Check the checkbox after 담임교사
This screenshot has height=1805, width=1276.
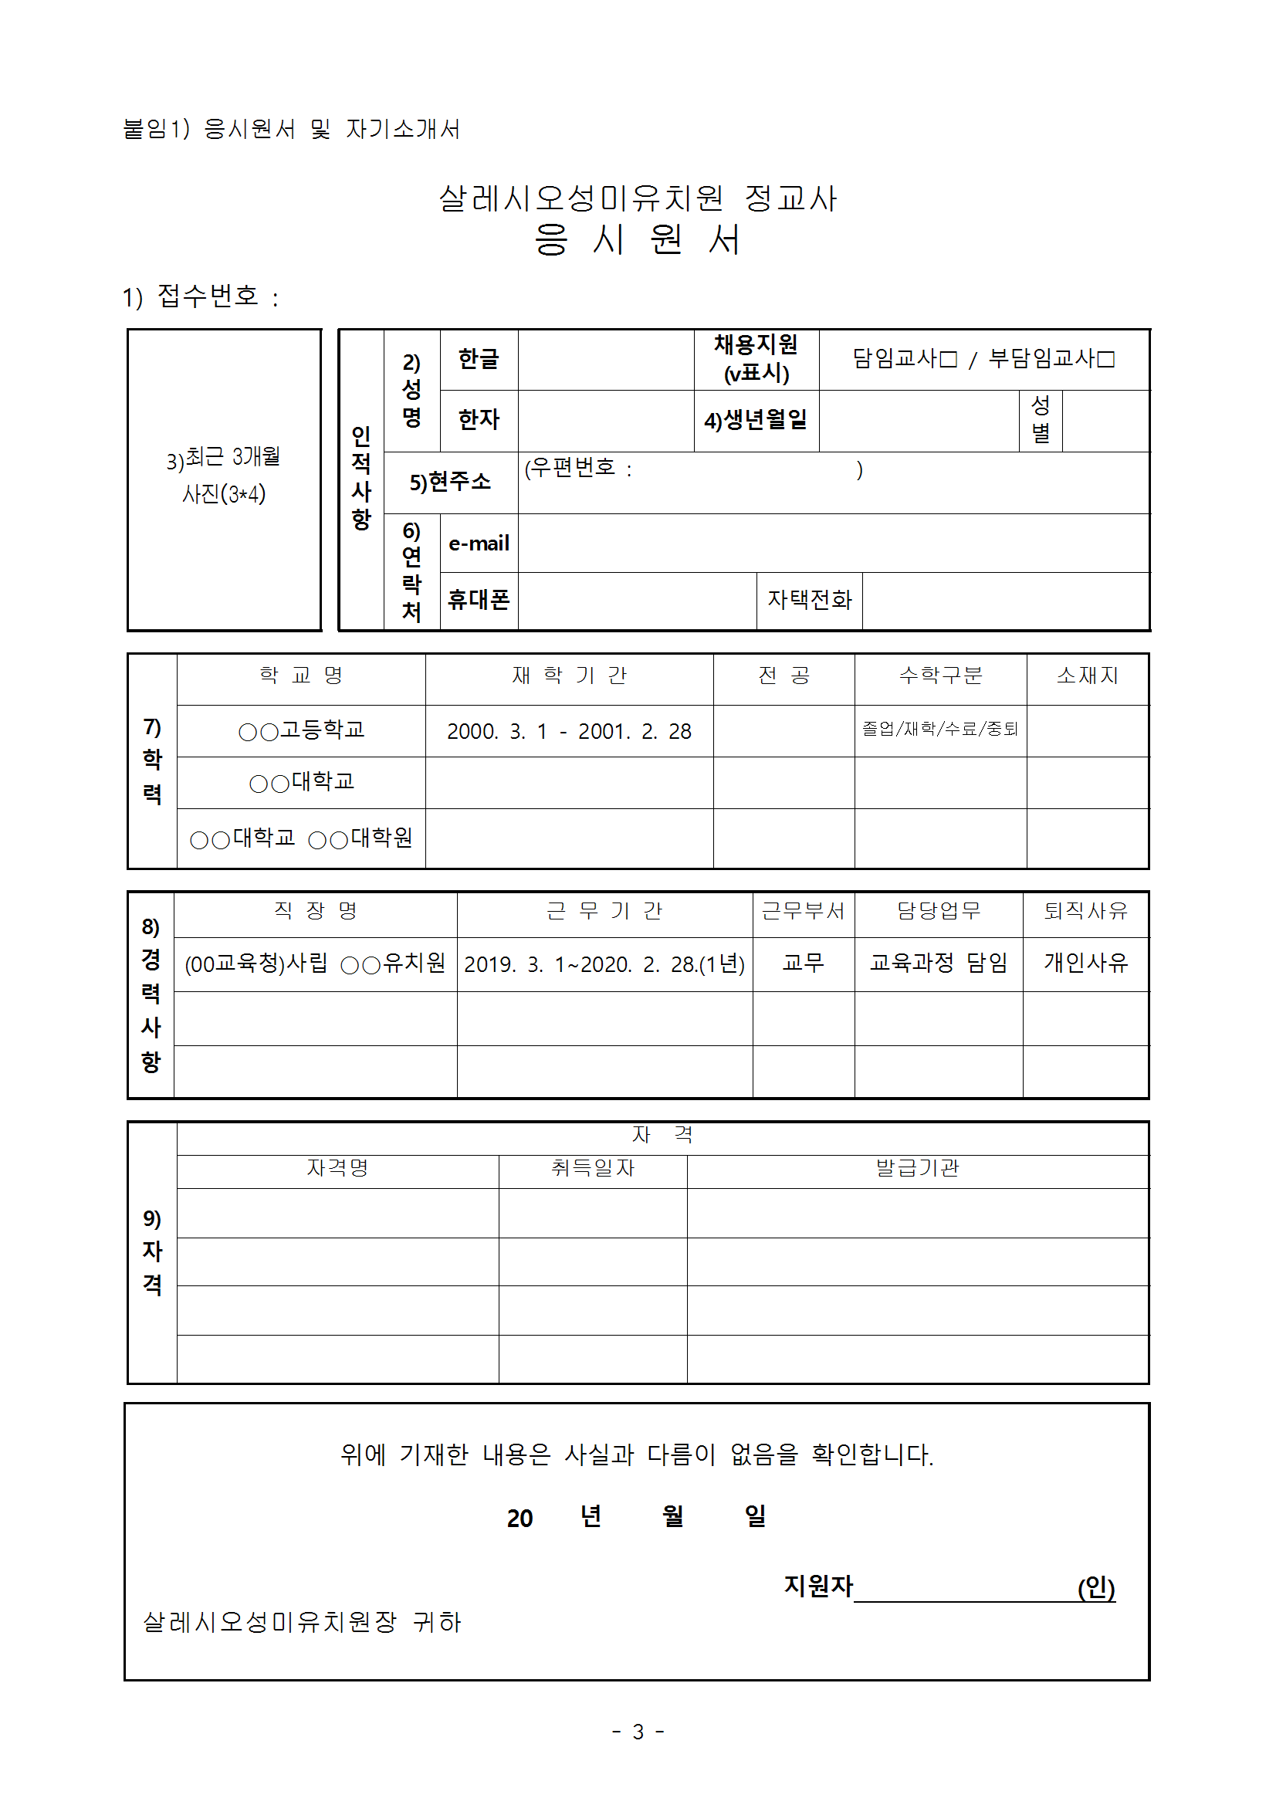click(x=949, y=359)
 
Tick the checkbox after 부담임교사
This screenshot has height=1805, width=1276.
click(x=1106, y=359)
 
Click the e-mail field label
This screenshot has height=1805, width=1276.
click(x=478, y=544)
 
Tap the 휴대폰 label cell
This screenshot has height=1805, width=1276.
click(x=478, y=600)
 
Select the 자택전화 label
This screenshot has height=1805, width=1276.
click(x=809, y=600)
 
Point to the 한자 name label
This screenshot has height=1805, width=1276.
click(x=478, y=420)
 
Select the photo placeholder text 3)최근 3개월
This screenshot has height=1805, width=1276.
click(x=223, y=458)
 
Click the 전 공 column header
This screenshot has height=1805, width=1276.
click(x=783, y=676)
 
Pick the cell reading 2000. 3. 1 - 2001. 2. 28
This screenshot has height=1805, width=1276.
click(x=568, y=732)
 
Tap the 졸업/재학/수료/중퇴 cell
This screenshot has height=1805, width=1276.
click(x=939, y=729)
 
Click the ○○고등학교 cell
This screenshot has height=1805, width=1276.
click(x=301, y=730)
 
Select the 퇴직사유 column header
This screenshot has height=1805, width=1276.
click(x=1085, y=911)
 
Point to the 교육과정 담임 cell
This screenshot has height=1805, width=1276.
click(x=938, y=963)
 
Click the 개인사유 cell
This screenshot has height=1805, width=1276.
click(x=1085, y=963)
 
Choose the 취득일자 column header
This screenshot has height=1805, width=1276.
click(x=592, y=1168)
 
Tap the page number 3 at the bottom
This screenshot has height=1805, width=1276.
click(x=638, y=1732)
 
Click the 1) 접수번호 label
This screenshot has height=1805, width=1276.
click(x=201, y=297)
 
